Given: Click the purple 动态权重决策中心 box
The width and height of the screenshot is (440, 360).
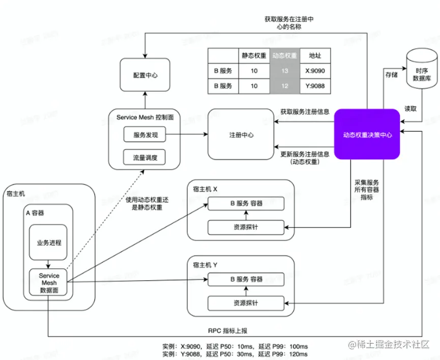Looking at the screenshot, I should tap(367, 135).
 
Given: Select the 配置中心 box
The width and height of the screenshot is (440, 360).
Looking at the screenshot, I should tap(145, 75).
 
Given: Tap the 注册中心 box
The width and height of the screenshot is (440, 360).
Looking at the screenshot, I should tap(241, 135).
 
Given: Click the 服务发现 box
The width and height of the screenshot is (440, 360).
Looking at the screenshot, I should tap(145, 135).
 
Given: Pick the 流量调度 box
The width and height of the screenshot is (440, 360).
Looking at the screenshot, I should tap(145, 158).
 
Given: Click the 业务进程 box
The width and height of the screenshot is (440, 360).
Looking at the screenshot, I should tap(48, 243).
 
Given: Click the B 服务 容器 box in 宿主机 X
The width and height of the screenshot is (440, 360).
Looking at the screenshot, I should tap(246, 203).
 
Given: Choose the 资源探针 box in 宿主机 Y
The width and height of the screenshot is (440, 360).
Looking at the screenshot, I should tap(246, 303).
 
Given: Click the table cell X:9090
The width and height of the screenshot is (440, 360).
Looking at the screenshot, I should tap(315, 71).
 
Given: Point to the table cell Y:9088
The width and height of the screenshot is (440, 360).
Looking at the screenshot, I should tap(315, 86).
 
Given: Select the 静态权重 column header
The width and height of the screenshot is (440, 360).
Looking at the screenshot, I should tap(253, 56).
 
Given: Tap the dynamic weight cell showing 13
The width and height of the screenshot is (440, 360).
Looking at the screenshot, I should tap(284, 71).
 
